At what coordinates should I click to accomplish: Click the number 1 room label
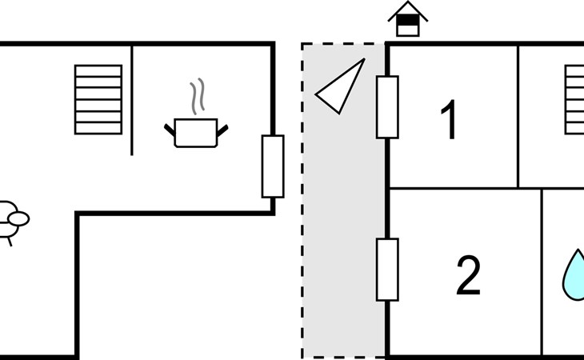450,120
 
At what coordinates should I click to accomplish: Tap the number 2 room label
468,274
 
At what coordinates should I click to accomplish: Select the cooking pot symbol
196,132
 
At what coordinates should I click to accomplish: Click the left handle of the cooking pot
170,127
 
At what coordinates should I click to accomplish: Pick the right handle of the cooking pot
222,127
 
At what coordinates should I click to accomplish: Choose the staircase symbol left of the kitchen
98,100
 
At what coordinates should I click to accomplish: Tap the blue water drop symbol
574,275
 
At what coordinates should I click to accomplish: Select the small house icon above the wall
408,19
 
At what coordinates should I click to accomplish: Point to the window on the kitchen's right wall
273,166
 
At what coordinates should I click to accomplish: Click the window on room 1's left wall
387,107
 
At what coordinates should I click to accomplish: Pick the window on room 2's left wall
387,270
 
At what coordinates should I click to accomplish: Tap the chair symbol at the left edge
11,220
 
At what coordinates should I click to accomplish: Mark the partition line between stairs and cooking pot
132,100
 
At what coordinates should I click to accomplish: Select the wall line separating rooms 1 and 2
464,189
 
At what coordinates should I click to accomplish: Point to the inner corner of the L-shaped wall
78,214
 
